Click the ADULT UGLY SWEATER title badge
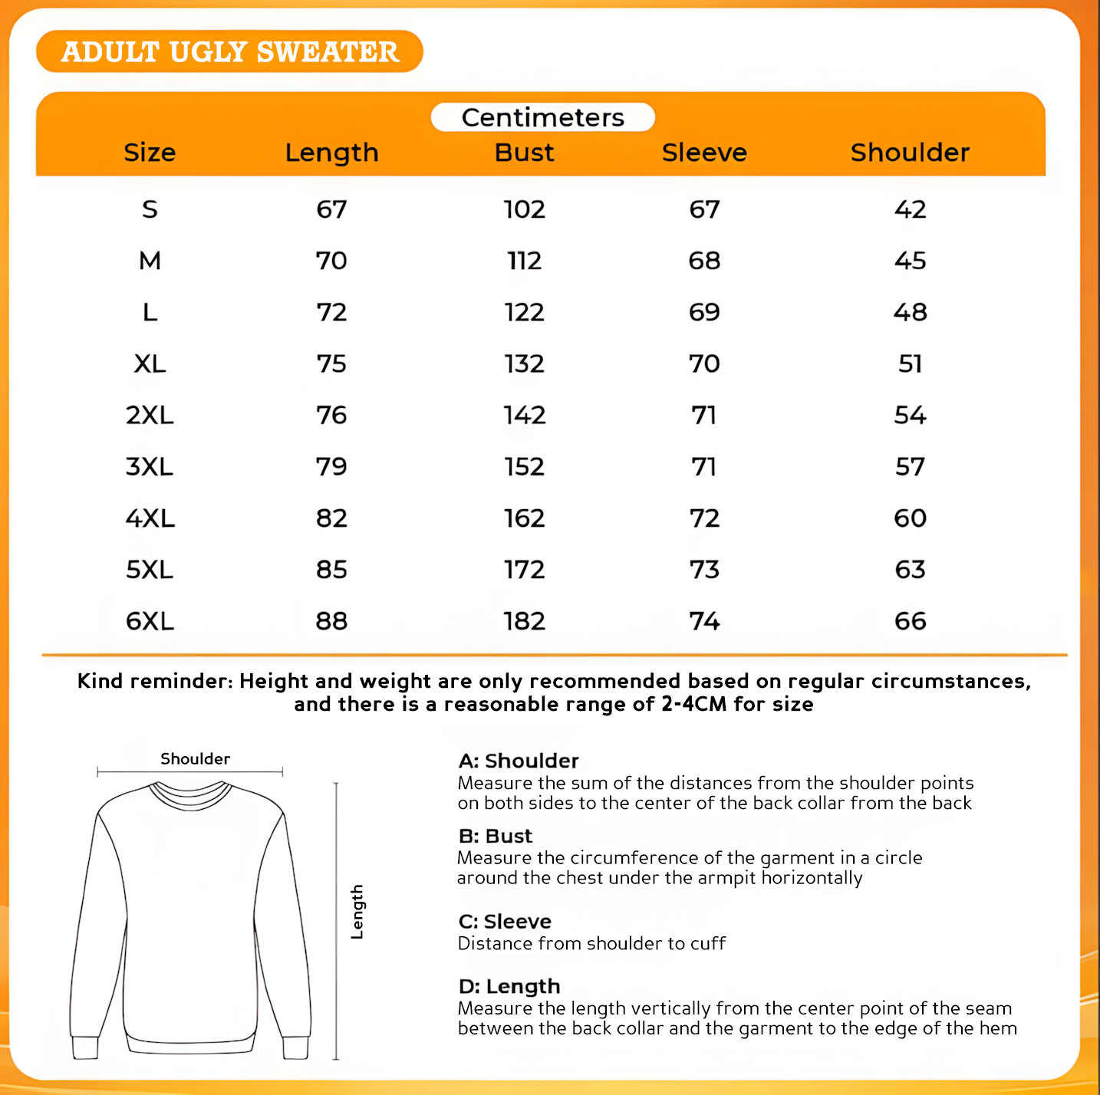pos(229,51)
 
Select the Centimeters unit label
pos(542,117)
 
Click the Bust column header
pos(524,153)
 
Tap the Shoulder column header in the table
pos(910,153)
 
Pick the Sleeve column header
pos(704,153)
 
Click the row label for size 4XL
pos(150,518)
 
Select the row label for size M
pos(150,261)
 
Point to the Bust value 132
pos(524,363)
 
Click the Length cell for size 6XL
pos(331,621)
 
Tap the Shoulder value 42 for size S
pos(910,209)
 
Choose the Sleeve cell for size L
pos(704,312)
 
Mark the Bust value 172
pos(524,570)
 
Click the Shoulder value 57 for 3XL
pos(910,467)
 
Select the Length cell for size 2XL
pos(331,416)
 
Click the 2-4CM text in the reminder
pos(693,704)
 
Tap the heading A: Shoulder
pos(519,761)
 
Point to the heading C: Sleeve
pos(505,921)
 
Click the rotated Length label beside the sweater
pos(357,912)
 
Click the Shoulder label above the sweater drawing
pos(195,758)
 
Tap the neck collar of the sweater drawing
pos(190,793)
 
